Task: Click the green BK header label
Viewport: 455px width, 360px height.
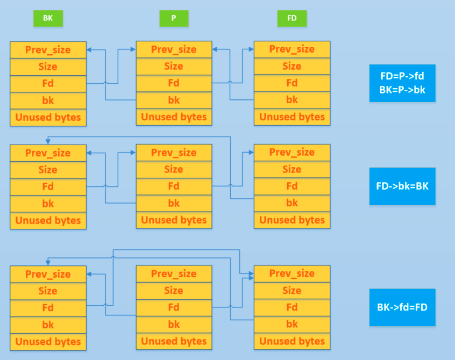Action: tap(48, 18)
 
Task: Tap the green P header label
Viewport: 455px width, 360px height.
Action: tap(174, 18)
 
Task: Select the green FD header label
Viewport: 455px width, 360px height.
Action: tap(292, 18)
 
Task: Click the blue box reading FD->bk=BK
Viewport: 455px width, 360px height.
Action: tap(402, 186)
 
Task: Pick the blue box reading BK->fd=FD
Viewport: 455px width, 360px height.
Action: tap(402, 308)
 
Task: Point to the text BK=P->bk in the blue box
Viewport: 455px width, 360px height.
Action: tap(402, 90)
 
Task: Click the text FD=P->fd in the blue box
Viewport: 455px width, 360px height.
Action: tap(402, 76)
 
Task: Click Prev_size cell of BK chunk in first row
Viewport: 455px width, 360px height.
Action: tap(48, 50)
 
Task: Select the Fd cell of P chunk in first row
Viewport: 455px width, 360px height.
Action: tap(174, 83)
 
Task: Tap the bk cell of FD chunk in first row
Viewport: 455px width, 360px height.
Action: tap(292, 100)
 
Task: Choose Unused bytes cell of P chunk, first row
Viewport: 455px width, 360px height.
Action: tap(174, 117)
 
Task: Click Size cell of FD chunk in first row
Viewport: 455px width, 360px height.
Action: tap(292, 67)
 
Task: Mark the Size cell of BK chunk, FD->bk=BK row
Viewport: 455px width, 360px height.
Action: tap(48, 170)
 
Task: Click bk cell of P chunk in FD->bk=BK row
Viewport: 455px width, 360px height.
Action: tap(174, 203)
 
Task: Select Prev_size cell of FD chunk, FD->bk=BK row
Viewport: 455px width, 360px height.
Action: tap(292, 153)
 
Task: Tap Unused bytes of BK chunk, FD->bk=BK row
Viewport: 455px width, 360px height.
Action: tap(48, 220)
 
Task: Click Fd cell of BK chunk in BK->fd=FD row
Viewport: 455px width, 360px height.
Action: tap(48, 308)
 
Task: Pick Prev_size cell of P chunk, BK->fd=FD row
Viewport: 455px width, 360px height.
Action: tap(174, 274)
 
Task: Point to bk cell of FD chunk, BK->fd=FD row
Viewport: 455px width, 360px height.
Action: tap(292, 325)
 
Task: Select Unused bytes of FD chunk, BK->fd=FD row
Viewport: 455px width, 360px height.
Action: tap(292, 341)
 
